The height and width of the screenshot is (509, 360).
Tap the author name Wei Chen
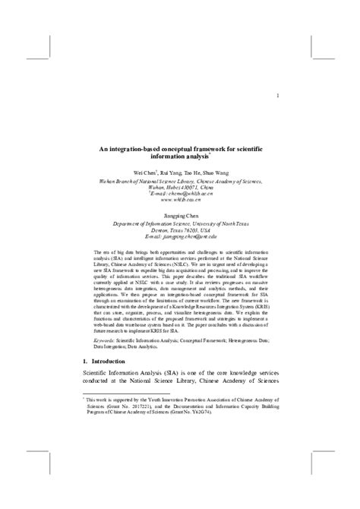(x=146, y=174)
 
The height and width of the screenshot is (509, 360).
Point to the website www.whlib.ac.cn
(x=179, y=202)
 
